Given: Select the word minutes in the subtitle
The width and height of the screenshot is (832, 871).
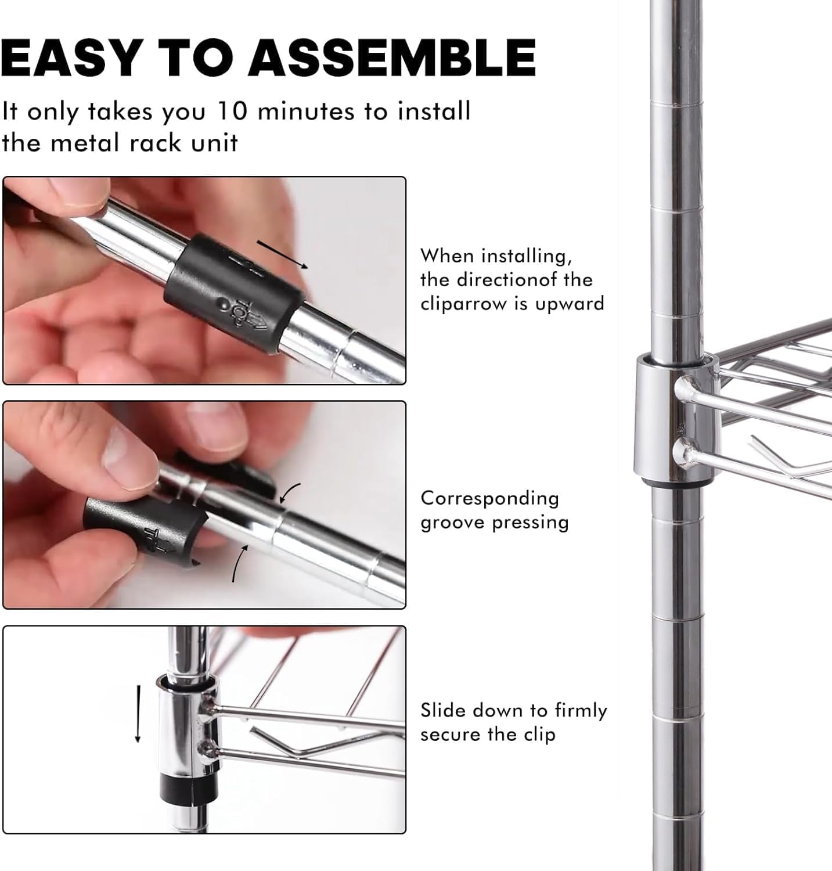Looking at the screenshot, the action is click(x=306, y=111).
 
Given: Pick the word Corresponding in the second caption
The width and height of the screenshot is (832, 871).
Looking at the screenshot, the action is click(x=489, y=499).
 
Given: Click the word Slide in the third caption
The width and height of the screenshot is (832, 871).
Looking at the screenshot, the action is click(x=442, y=710).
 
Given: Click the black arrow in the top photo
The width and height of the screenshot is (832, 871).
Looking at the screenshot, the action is click(x=282, y=254).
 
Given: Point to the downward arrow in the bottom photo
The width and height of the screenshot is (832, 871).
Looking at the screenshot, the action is click(x=138, y=713).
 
